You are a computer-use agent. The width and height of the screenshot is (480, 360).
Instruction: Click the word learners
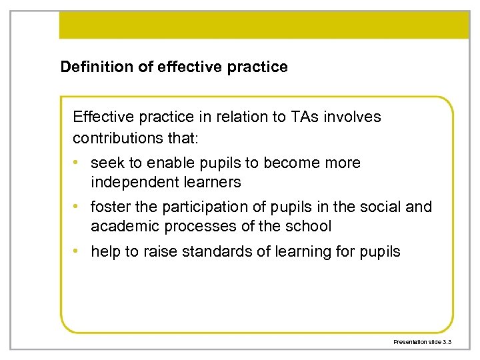pos(213,182)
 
